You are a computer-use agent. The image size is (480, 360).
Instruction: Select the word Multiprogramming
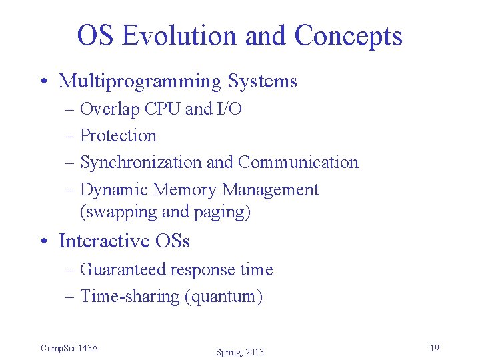coord(140,82)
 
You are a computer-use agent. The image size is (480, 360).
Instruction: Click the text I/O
coord(229,109)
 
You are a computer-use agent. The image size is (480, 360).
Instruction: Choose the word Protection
coord(118,135)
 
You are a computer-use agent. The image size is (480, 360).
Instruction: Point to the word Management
coord(270,190)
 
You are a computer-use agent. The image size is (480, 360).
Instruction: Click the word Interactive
coord(107,241)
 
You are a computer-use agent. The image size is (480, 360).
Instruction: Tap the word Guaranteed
coord(123,269)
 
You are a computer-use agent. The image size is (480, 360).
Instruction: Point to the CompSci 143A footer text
coord(69,348)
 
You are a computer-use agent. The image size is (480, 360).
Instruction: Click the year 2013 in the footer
coord(254,352)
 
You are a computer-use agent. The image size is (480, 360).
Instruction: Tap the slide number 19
coord(434,348)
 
